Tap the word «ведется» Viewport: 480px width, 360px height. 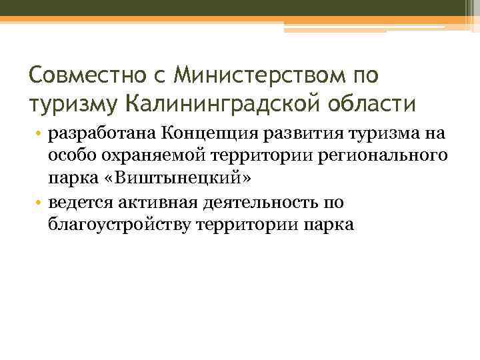pos(78,202)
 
